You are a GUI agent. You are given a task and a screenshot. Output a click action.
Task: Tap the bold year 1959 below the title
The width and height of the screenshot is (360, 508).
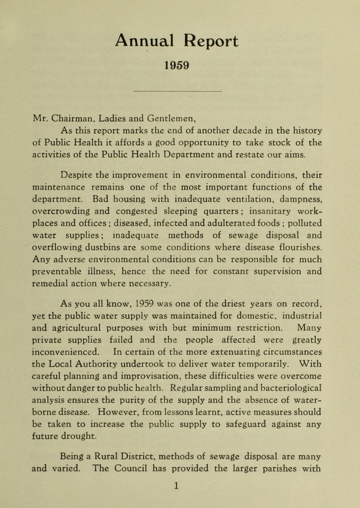click(176, 65)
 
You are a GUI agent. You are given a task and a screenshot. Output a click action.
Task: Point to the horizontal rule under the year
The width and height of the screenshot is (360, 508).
click(179, 91)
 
